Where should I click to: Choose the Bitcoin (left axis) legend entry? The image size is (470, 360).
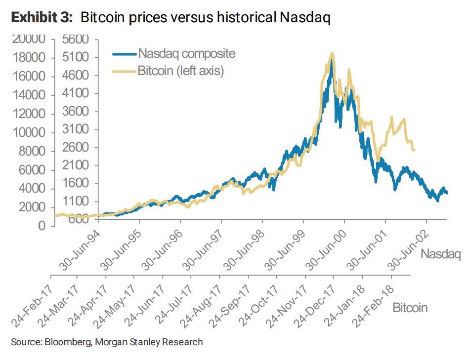180,71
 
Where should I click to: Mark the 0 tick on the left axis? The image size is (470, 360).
42,226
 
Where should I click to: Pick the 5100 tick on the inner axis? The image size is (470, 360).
76,58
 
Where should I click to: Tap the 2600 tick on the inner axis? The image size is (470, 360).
76,148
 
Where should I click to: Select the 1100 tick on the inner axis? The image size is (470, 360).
76,201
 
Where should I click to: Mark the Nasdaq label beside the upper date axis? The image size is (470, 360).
440,254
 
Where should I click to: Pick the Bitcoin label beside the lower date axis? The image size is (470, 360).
410,308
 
